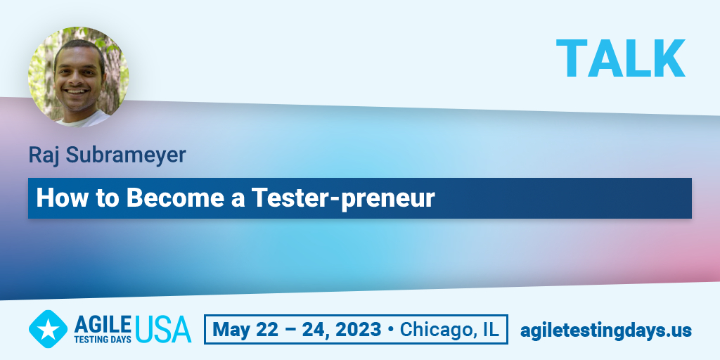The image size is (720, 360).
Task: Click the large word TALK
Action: click(x=621, y=58)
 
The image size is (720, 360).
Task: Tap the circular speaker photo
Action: click(x=79, y=77)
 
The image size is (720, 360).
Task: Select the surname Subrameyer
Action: click(x=125, y=155)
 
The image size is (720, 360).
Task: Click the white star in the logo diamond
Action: click(x=48, y=329)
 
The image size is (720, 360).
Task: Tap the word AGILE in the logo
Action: click(x=103, y=325)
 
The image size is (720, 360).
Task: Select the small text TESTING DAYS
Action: click(x=103, y=340)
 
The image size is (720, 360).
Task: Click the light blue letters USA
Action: click(x=163, y=330)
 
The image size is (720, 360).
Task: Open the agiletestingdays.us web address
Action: click(x=605, y=330)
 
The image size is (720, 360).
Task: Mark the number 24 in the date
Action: click(x=312, y=330)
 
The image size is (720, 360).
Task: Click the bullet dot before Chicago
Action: click(x=391, y=330)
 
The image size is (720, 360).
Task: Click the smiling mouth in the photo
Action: click(x=77, y=92)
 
